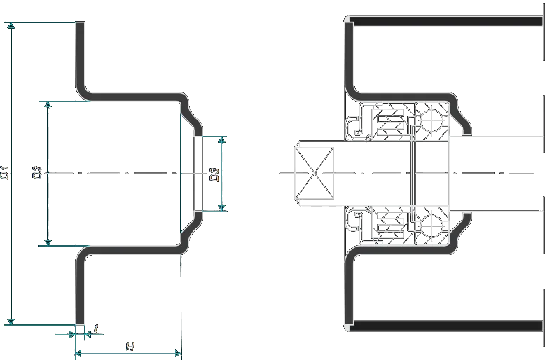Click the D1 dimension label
(x=6, y=172)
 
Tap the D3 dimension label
(x=216, y=174)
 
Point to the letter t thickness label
(x=96, y=328)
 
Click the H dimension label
(x=129, y=347)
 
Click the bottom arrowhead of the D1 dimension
(x=10, y=320)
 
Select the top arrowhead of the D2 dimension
(x=48, y=106)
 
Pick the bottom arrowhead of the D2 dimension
(x=48, y=241)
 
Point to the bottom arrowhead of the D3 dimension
(x=223, y=207)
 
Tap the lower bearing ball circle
(x=434, y=226)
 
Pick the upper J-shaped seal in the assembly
(x=354, y=127)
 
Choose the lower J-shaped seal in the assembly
(x=354, y=219)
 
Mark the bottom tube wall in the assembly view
(x=448, y=326)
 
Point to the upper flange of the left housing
(x=80, y=56)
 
